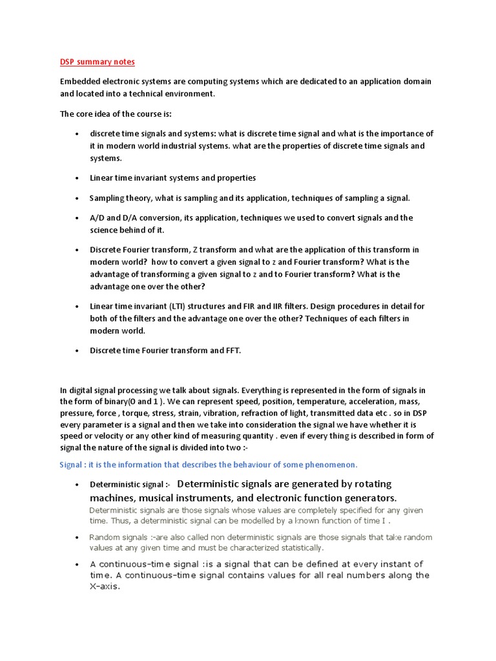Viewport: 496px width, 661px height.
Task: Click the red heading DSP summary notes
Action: pos(98,62)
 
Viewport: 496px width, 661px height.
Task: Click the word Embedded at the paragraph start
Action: pos(81,82)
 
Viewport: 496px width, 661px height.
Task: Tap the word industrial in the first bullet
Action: pos(183,146)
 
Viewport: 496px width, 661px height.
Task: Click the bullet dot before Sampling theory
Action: pos(77,198)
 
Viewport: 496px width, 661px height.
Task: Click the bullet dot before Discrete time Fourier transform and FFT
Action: pos(77,351)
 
